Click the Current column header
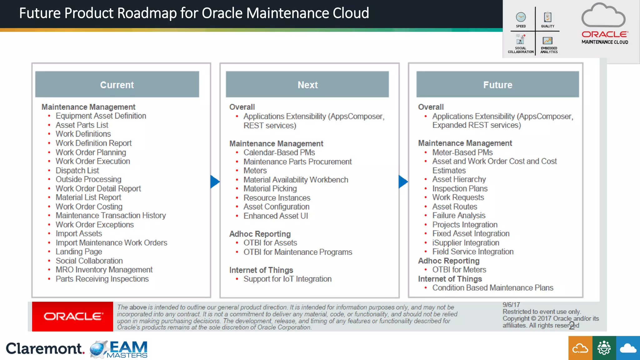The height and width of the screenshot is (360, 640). point(117,85)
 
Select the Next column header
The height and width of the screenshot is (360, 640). point(307,85)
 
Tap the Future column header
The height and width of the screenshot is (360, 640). point(497,85)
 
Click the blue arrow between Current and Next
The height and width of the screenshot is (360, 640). point(215,182)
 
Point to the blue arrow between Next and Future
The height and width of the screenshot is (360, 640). point(403,182)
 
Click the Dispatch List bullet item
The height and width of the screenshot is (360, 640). point(77,171)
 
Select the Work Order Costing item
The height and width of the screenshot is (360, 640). point(89,207)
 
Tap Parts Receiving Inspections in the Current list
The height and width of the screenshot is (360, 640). point(102,279)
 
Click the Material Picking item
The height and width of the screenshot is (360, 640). point(270,189)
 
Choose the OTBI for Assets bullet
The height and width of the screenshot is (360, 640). point(270,243)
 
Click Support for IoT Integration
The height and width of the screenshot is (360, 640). point(287,279)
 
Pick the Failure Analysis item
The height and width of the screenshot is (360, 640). point(458,215)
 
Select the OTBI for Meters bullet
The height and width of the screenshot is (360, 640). point(459,270)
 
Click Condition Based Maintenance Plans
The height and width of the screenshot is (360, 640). point(492,287)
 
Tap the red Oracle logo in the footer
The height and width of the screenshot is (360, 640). point(72,316)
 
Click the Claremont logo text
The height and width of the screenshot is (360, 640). point(45,349)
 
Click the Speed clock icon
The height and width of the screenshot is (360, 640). point(521,17)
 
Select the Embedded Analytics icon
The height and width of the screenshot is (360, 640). point(547,41)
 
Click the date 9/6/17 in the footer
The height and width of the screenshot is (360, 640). point(511,305)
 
